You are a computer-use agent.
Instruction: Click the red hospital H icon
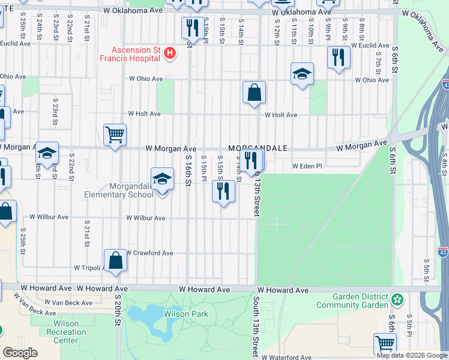[x=170, y=54]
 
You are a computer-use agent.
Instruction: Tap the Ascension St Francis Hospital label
[x=135, y=53]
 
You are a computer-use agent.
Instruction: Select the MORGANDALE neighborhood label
[x=258, y=148]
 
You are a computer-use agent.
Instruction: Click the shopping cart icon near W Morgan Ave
[x=115, y=134]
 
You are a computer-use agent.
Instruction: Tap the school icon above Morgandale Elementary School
[x=160, y=179]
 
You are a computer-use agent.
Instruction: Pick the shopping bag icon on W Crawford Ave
[x=115, y=261]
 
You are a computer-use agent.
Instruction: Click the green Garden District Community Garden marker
[x=397, y=299]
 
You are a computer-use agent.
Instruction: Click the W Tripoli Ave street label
[x=93, y=268]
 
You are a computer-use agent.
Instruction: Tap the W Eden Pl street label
[x=307, y=166]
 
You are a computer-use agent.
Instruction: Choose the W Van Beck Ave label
[x=68, y=303]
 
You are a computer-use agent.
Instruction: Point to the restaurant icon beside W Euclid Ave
[x=339, y=58]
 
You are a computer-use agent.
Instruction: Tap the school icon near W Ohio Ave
[x=302, y=74]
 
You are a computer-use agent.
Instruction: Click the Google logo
[x=20, y=353]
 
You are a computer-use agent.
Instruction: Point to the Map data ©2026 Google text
[x=412, y=355]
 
